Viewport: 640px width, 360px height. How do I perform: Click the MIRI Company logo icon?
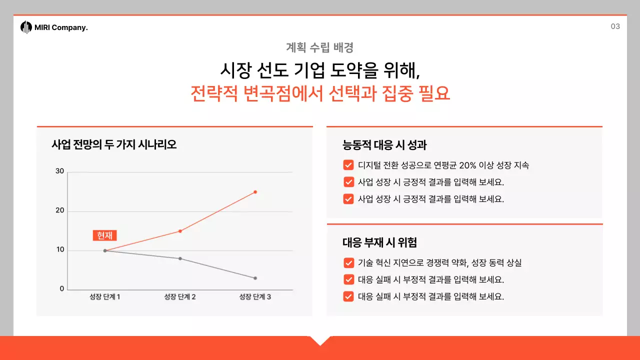[x=26, y=27]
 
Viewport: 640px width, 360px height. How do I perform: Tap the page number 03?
[x=615, y=26]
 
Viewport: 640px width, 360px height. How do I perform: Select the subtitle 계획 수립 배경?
[x=320, y=47]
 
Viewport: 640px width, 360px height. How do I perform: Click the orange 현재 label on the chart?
[x=104, y=235]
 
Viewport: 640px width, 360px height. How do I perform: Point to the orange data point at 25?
[x=255, y=192]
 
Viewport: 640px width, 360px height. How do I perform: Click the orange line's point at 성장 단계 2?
[x=180, y=231]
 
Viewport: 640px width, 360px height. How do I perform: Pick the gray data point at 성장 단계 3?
[x=255, y=278]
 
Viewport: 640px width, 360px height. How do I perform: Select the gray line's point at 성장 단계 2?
[x=180, y=258]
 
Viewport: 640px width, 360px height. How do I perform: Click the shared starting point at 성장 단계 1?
[x=105, y=250]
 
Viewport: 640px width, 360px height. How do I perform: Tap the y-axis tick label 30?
[x=60, y=171]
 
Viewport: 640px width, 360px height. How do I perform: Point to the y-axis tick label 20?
[x=60, y=210]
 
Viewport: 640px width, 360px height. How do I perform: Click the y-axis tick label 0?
[x=62, y=289]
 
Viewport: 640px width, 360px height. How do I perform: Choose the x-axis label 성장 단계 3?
[x=255, y=297]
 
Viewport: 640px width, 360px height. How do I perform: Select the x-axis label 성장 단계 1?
[x=105, y=297]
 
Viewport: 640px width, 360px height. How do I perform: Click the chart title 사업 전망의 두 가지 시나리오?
[x=114, y=145]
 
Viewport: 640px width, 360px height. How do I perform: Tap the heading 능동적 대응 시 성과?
[x=384, y=145]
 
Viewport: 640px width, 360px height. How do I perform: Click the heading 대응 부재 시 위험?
[x=379, y=243]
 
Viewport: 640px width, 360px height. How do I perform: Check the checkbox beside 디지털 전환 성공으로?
[x=348, y=165]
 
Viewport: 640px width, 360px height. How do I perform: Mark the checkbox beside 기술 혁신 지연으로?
[x=348, y=263]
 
